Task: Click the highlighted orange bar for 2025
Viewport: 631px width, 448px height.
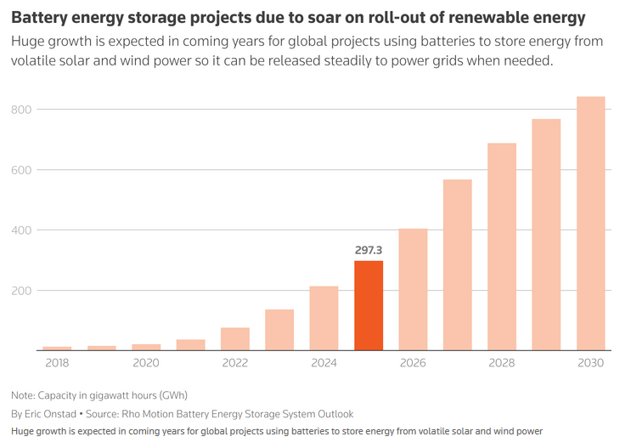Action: [369, 305]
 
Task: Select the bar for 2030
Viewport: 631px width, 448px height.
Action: [590, 224]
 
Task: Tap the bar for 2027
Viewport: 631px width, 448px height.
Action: [457, 264]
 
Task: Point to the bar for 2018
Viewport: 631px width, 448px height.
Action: [57, 348]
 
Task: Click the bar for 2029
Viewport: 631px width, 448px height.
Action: [546, 235]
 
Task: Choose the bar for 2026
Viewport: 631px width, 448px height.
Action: [413, 289]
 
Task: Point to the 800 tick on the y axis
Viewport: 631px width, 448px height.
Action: [21, 110]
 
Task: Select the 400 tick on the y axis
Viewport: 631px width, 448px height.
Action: [21, 230]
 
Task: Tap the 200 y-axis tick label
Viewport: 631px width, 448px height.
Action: [21, 291]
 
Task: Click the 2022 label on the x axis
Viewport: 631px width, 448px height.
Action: [235, 363]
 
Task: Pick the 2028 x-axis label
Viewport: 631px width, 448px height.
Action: [501, 363]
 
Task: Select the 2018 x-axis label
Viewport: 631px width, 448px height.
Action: [57, 363]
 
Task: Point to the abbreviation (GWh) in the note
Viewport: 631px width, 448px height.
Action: [167, 395]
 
